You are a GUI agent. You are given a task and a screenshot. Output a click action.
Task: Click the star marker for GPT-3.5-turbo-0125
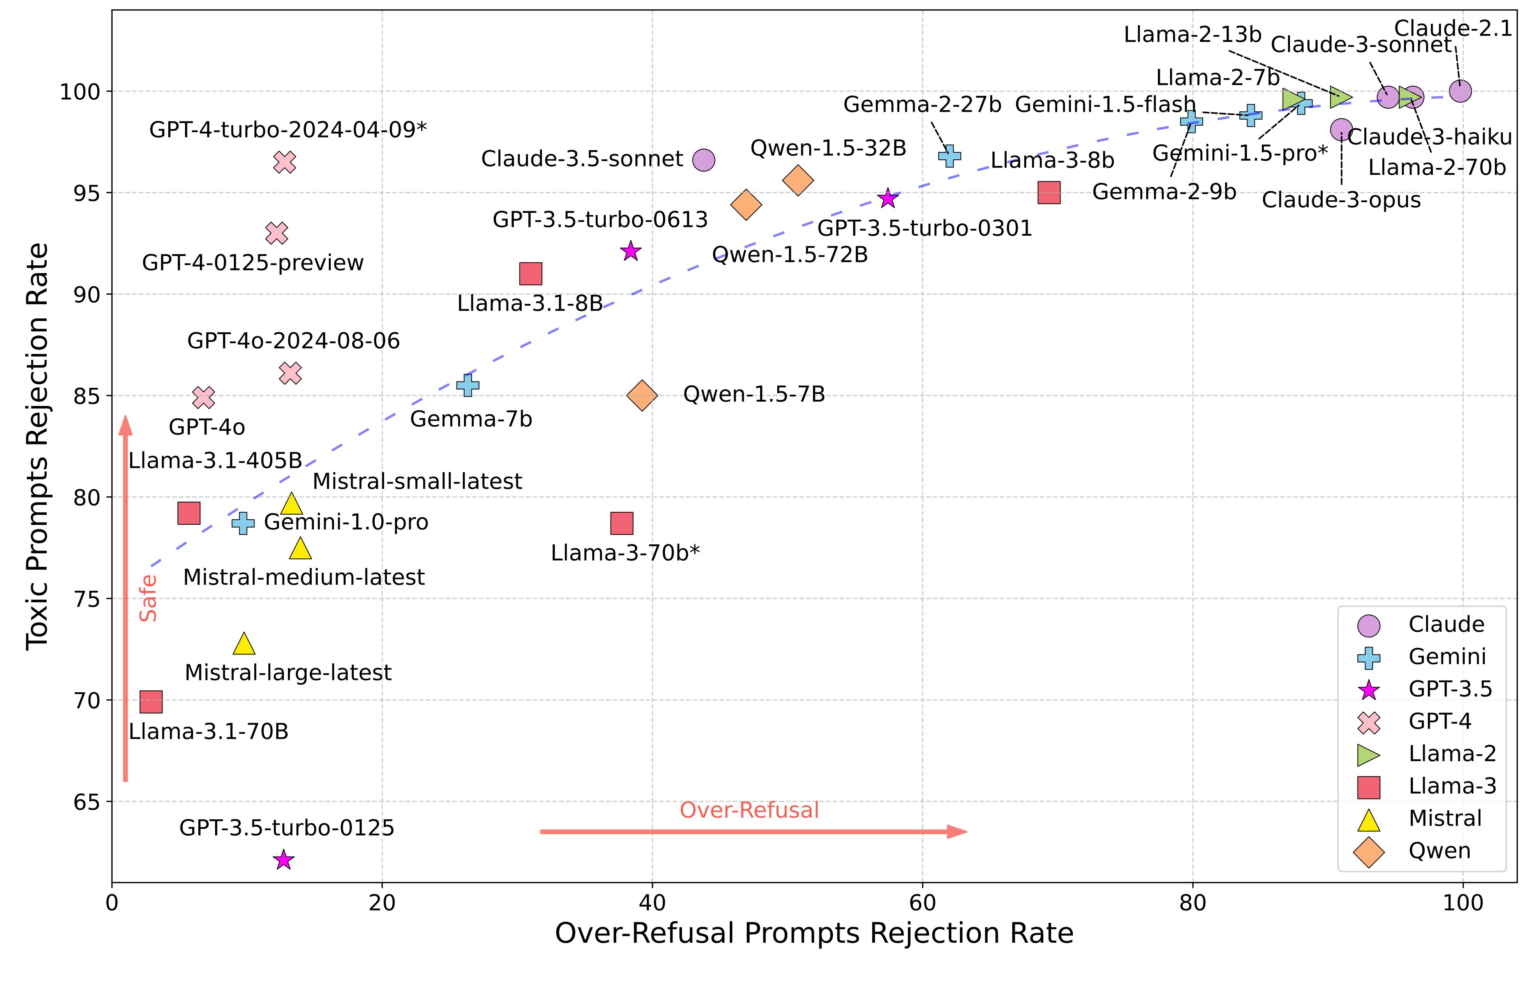point(284,860)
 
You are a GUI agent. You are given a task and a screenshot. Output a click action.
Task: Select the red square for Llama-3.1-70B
point(151,702)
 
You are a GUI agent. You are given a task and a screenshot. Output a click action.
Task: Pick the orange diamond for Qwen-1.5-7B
point(642,395)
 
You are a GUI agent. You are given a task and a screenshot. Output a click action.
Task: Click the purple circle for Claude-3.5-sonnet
point(704,160)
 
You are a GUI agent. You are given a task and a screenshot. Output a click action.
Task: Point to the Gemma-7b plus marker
point(468,385)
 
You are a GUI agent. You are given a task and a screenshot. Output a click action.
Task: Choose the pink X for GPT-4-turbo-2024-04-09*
point(284,162)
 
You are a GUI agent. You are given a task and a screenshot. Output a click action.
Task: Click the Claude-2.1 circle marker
point(1460,91)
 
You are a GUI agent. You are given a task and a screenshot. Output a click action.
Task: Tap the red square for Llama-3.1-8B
point(530,274)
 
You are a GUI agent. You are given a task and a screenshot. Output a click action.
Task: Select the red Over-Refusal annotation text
point(749,810)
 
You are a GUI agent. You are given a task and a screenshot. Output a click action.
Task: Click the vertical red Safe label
point(149,598)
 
